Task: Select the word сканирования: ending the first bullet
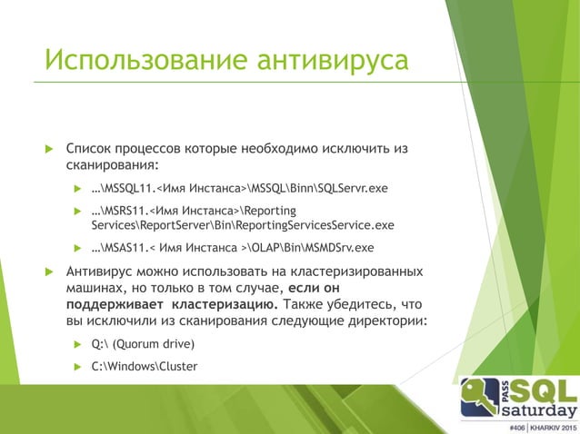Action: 113,165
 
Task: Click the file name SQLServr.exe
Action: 350,189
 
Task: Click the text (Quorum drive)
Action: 154,345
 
